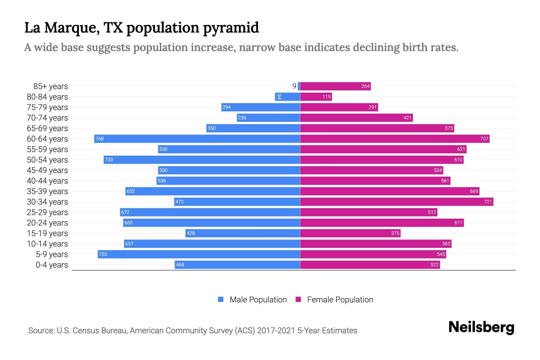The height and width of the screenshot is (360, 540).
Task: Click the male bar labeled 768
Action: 197,139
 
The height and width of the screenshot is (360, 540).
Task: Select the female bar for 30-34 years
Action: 397,202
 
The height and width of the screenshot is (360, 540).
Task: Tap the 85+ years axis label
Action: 50,86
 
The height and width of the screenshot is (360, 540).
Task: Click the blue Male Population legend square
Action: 221,299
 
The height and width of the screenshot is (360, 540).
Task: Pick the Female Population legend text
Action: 340,300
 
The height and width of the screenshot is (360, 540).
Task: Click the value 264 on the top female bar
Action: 365,86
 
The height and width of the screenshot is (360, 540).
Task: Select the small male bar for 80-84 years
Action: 287,97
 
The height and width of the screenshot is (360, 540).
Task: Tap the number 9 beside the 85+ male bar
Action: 294,86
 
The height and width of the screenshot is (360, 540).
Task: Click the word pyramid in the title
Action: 231,28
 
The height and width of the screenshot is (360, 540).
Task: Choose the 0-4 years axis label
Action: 52,265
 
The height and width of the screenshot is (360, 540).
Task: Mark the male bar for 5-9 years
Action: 199,254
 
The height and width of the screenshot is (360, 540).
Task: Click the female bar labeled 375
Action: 350,233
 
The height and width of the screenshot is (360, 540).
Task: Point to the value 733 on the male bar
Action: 109,160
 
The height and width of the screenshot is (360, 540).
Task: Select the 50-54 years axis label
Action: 47,160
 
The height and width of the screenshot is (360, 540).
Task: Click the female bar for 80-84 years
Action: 316,97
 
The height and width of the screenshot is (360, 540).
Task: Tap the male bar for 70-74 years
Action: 268,118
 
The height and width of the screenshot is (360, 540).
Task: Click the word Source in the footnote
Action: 41,331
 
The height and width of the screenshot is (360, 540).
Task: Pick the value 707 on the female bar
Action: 484,139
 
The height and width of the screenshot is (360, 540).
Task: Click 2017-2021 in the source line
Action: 276,331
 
